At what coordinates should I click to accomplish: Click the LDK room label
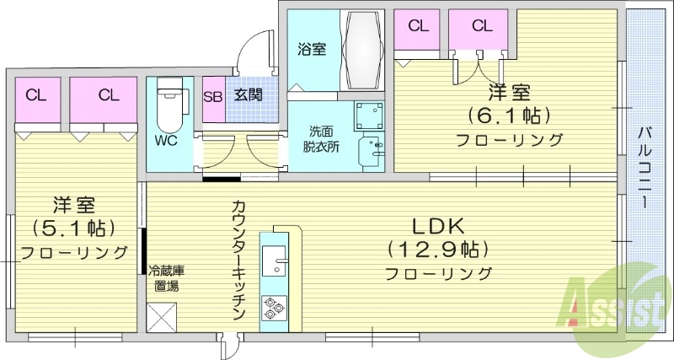tap(438, 227)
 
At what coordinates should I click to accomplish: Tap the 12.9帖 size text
tap(438, 250)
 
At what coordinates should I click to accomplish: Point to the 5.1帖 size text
tap(74, 228)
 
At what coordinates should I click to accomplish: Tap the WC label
tap(166, 141)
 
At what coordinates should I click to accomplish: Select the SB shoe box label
tap(213, 95)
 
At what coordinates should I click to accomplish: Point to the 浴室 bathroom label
tap(312, 49)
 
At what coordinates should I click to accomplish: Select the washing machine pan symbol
tap(368, 116)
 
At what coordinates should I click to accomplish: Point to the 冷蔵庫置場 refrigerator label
tap(167, 277)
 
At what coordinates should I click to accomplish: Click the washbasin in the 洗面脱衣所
tap(371, 153)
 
